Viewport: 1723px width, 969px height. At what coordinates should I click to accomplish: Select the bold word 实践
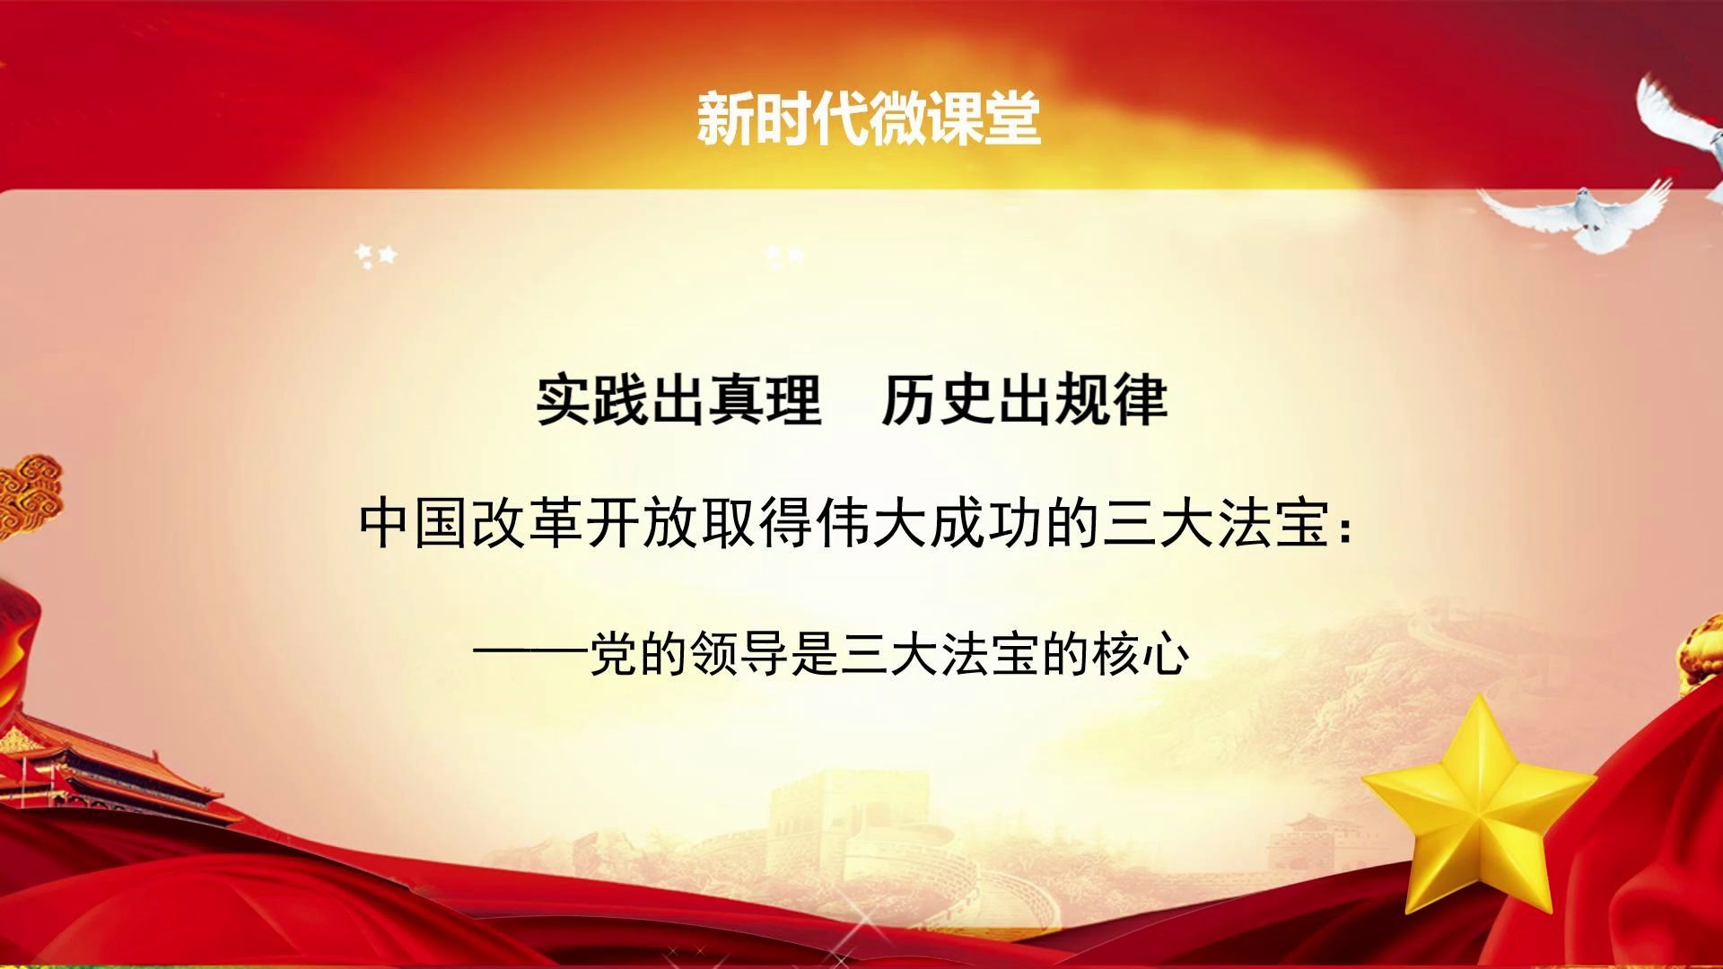coord(593,400)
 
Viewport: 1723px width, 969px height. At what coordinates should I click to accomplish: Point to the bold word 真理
coord(765,400)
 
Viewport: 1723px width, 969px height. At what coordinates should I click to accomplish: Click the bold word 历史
coord(938,400)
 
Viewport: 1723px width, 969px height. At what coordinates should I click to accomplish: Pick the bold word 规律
coord(1110,400)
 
